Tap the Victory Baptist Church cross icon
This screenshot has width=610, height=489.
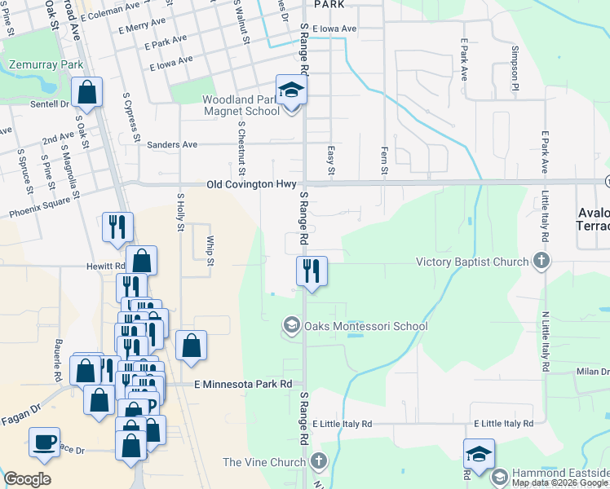pyautogui.click(x=540, y=262)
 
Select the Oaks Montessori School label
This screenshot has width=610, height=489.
pyautogui.click(x=365, y=327)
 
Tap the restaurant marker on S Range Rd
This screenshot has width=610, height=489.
pyautogui.click(x=311, y=271)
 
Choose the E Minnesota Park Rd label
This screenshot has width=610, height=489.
pyautogui.click(x=243, y=384)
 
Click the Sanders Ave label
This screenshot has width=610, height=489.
pyautogui.click(x=172, y=144)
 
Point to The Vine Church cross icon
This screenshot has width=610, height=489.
pyautogui.click(x=319, y=462)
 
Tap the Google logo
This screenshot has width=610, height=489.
pyautogui.click(x=27, y=479)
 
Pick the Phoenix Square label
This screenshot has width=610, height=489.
pyautogui.click(x=39, y=213)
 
